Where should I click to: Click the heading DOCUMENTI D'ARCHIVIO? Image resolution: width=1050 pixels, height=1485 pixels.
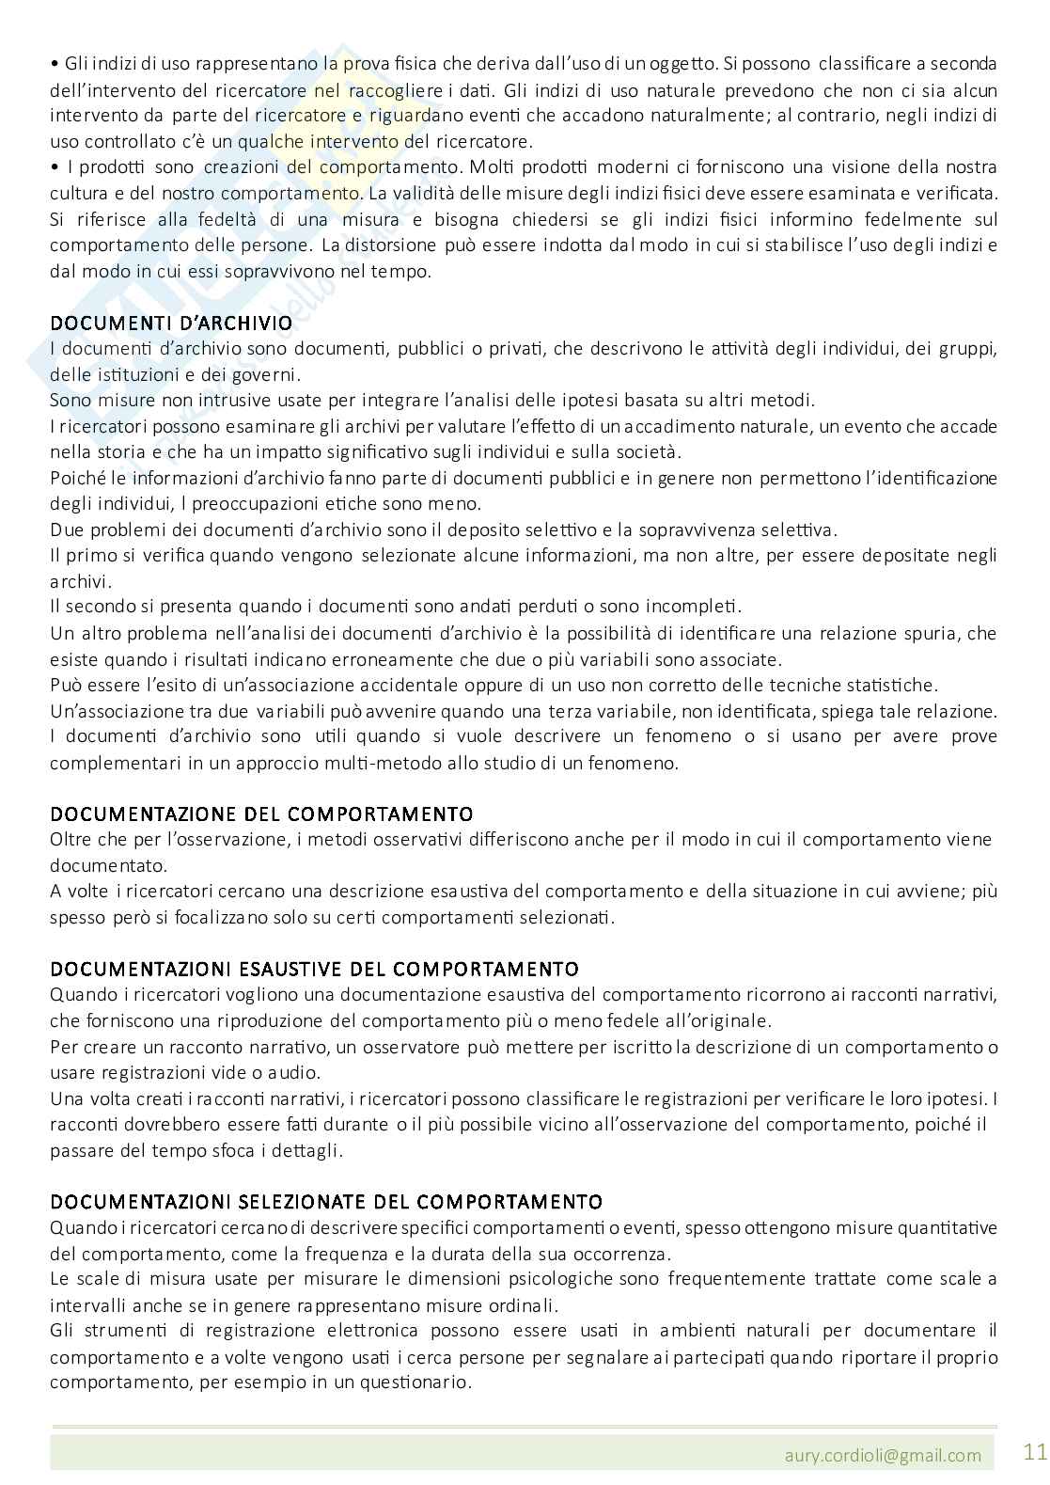(171, 324)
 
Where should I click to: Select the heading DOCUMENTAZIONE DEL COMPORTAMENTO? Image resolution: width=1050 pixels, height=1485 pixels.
(261, 814)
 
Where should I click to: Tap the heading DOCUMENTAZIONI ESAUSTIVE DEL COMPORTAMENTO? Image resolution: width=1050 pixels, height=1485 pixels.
(314, 969)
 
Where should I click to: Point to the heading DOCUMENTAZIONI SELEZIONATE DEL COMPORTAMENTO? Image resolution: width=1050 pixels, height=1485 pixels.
(326, 1202)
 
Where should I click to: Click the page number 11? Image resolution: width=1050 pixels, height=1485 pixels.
(1034, 1451)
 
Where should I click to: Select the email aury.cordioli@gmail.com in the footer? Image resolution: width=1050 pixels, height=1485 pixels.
(884, 1455)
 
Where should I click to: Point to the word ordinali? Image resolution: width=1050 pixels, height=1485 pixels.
(525, 1305)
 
